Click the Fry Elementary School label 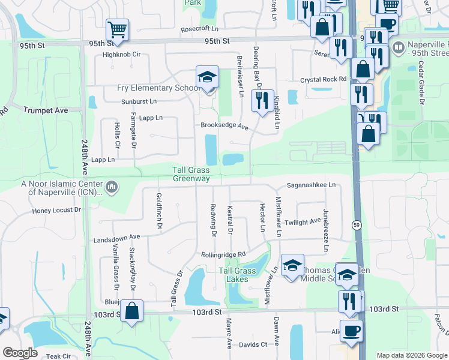(x=158, y=88)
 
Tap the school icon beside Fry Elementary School (x=207, y=77)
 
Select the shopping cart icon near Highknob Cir (x=117, y=30)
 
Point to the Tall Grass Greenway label (x=191, y=174)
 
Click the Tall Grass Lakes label (x=237, y=274)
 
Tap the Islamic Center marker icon (x=112, y=188)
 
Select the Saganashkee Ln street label (x=311, y=185)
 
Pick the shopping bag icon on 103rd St (x=133, y=311)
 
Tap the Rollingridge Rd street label (x=223, y=254)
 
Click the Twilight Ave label (x=303, y=221)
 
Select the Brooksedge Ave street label (x=224, y=127)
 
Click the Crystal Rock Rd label (x=324, y=79)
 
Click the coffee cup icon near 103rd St (x=353, y=331)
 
